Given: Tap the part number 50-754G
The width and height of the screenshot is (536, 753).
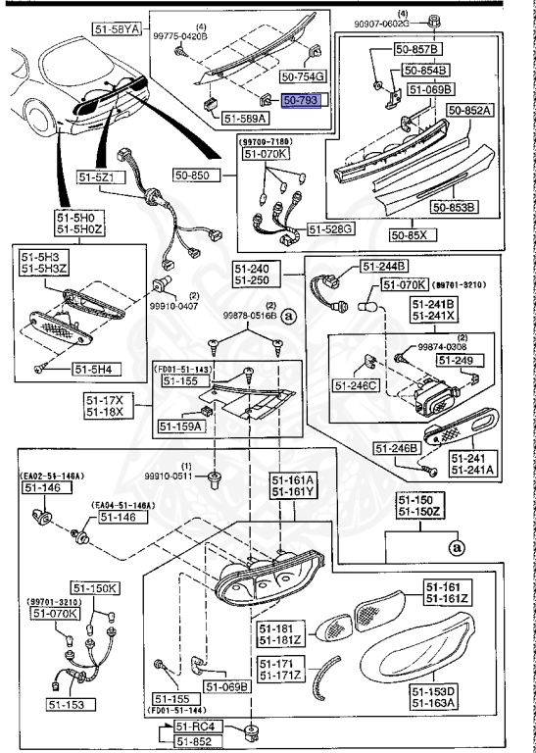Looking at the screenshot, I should tap(304, 75).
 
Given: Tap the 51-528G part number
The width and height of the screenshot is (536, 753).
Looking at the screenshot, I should tap(332, 228).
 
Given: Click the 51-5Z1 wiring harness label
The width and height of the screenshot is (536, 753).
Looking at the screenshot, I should tap(96, 177).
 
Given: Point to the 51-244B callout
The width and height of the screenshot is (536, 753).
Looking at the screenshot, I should tap(384, 266).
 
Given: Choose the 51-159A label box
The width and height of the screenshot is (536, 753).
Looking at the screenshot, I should tap(179, 427).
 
